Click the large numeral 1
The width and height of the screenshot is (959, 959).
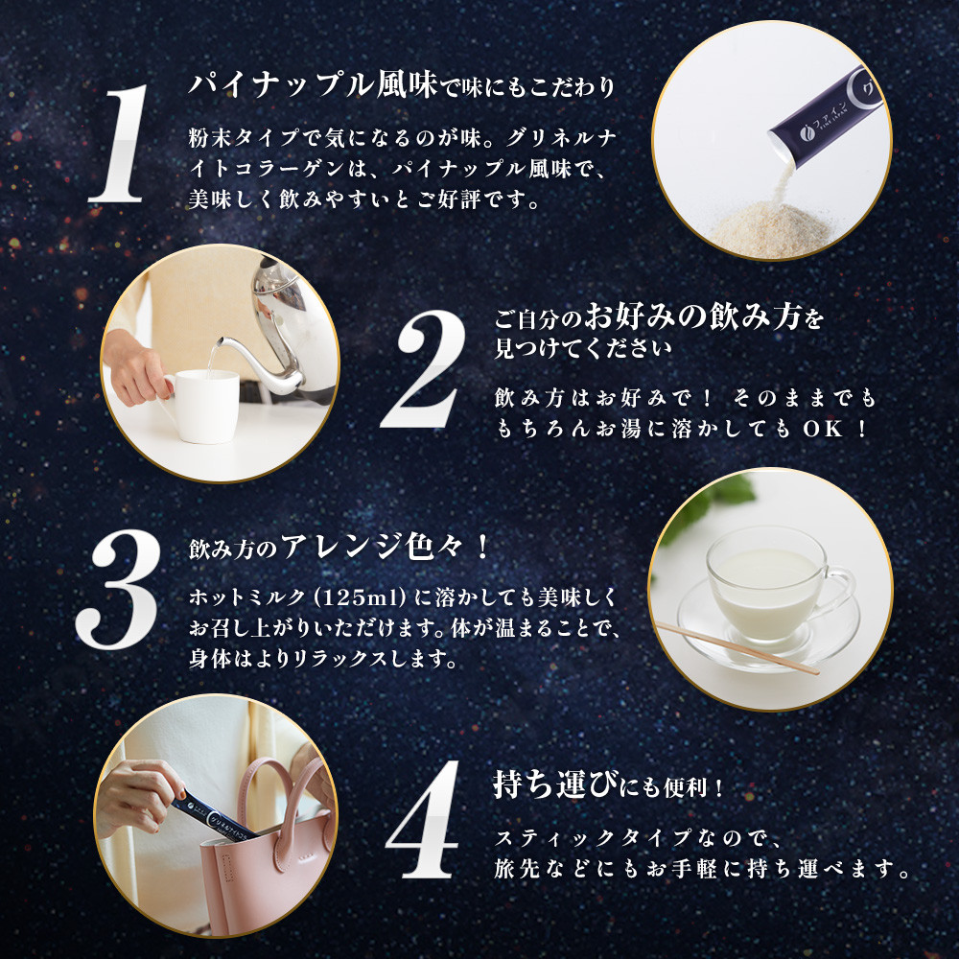(x=120, y=143)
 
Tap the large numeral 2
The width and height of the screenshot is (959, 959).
(x=423, y=368)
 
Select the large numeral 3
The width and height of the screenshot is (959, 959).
(x=118, y=589)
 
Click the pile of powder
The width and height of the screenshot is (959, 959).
(x=772, y=229)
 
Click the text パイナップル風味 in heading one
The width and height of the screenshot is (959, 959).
(x=313, y=85)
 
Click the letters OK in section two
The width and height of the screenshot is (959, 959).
(x=823, y=429)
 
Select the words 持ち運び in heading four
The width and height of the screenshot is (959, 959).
(x=555, y=784)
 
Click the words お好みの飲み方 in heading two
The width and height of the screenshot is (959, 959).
(x=692, y=316)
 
